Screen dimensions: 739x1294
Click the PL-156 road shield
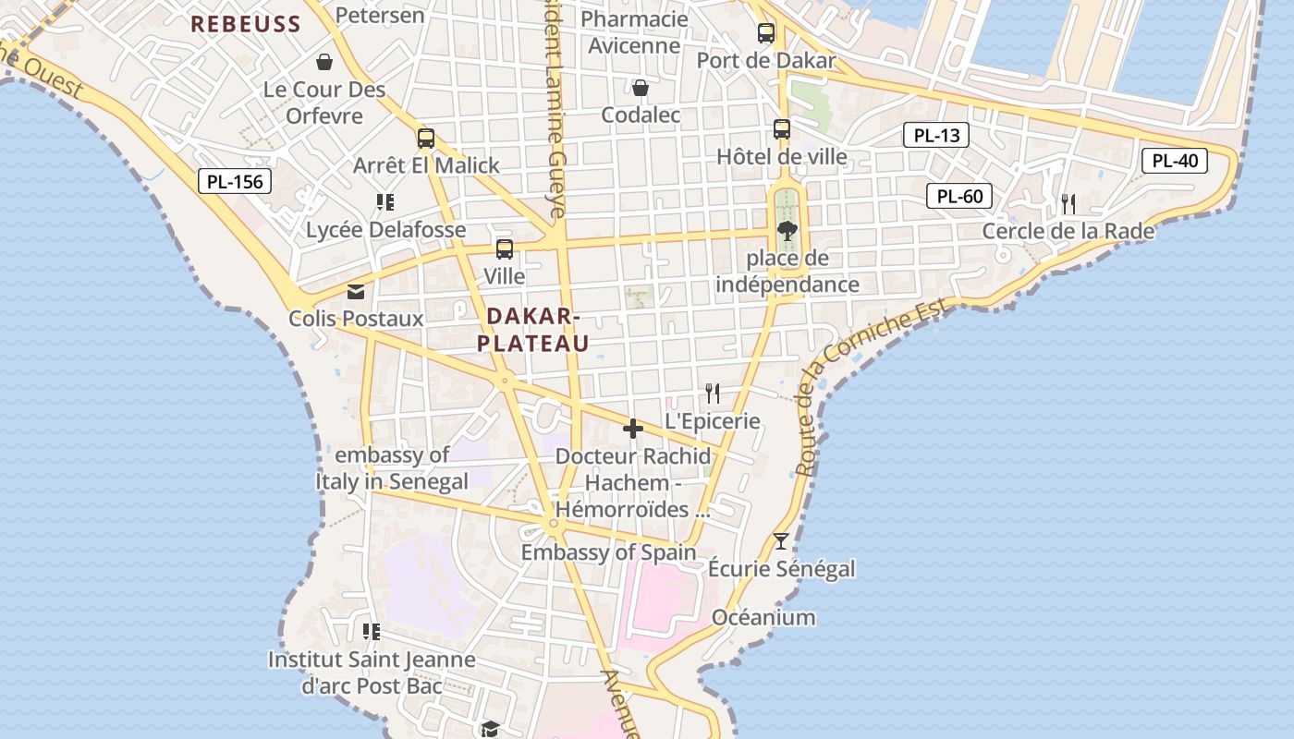235,181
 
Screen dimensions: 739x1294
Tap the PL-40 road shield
1175,161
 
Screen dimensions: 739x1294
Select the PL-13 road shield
936,136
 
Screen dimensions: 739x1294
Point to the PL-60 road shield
959,196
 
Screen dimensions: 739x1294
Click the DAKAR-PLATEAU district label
532,330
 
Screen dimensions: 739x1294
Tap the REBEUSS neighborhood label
246,24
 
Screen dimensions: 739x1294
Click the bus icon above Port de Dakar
766,33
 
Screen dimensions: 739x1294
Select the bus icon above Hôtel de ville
782,129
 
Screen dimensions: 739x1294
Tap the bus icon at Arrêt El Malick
426,139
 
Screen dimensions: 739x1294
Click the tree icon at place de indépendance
787,230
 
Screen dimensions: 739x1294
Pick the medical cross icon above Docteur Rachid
633,429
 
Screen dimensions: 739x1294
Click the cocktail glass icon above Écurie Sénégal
782,540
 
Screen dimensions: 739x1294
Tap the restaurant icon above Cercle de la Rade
1068,203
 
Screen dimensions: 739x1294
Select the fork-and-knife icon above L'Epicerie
713,394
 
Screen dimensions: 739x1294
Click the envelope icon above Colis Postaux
356,292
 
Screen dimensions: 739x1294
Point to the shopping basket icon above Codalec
640,88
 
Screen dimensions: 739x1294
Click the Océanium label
763,617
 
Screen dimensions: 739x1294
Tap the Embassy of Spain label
608,552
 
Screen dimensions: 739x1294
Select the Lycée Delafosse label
386,229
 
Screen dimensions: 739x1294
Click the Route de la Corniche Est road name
873,388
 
